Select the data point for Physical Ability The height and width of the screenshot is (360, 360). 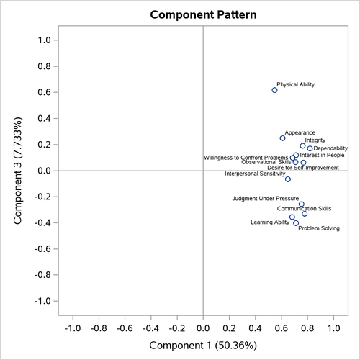[x=274, y=90]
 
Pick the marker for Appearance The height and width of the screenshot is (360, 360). [x=282, y=138]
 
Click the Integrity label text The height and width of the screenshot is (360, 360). [x=315, y=140]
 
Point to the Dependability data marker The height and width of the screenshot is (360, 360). [x=310, y=149]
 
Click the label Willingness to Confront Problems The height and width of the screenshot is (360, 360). [x=246, y=157]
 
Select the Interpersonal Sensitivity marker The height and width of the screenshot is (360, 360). [x=288, y=179]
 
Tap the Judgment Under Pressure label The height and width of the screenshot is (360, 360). [x=265, y=198]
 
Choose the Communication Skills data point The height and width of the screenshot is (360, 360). [x=305, y=214]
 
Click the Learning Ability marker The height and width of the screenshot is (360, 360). [x=292, y=217]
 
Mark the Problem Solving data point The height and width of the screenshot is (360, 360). [x=296, y=223]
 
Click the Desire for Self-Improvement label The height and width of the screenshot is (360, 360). [x=302, y=168]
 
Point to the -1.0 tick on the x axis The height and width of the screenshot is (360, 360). [x=73, y=328]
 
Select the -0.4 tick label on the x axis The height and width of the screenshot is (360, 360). [x=151, y=328]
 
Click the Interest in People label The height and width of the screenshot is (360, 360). [x=322, y=155]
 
